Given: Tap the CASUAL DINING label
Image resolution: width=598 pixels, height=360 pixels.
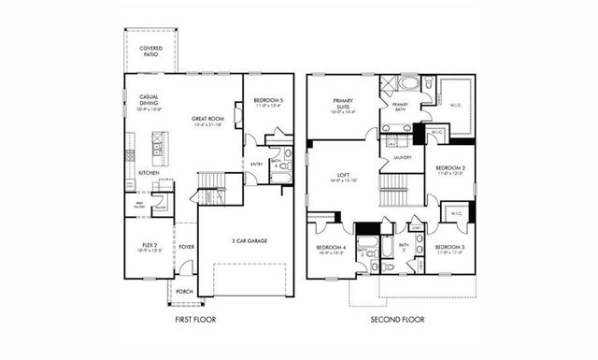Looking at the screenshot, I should tap(149, 99).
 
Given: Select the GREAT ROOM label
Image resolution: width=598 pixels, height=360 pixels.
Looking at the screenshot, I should tap(206, 120).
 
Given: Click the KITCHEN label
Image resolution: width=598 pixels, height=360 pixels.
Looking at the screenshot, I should tap(149, 173).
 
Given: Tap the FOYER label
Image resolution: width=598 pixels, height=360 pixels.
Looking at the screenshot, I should tap(187, 247).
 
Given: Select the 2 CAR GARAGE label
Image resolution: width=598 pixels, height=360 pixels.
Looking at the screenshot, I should tap(250, 240).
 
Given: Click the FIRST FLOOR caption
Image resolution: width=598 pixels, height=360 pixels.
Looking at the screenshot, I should tap(196, 320).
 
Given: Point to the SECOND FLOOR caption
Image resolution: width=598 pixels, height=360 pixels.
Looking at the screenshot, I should tap(396, 320).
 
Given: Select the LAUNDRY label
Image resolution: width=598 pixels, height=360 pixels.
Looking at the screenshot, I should tap(404, 157).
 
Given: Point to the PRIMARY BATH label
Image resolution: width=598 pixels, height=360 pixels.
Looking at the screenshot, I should tap(400, 105).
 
